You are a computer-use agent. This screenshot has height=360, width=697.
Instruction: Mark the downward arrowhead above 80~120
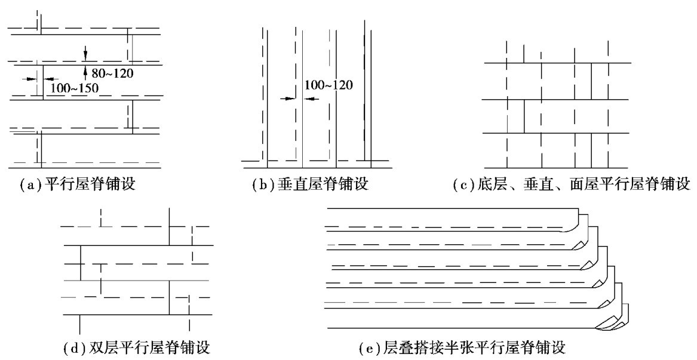pos(85,57)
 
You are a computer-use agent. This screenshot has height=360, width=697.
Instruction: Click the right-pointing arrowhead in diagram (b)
pos(292,99)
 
